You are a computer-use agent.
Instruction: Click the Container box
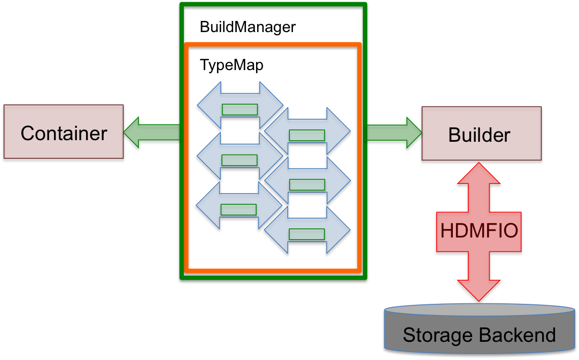click(64, 132)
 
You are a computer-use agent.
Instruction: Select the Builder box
click(481, 134)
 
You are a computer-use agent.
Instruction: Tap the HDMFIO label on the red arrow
click(479, 231)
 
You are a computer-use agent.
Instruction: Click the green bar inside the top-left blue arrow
click(240, 110)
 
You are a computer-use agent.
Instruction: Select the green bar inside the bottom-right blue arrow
click(307, 234)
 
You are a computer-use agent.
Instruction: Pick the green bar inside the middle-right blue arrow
click(307, 185)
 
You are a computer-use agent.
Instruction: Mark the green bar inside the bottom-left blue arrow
click(238, 210)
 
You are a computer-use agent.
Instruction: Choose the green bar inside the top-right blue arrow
click(307, 135)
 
